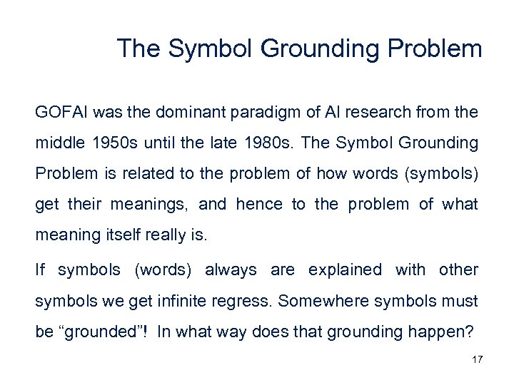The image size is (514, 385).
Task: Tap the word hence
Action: tap(258, 205)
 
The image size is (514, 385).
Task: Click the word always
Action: tap(231, 270)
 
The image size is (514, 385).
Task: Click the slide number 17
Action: tap(478, 359)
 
